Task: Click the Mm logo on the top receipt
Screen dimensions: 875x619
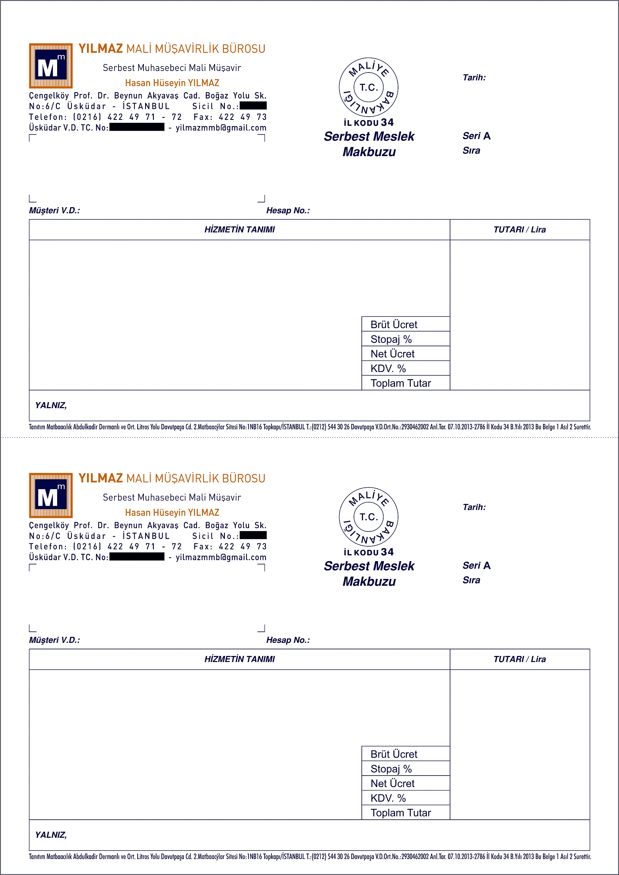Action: [x=51, y=66]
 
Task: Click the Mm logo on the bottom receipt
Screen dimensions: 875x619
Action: [x=51, y=495]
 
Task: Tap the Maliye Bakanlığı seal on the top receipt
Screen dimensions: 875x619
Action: [x=368, y=87]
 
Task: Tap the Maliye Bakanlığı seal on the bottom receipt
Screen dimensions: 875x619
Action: [x=368, y=517]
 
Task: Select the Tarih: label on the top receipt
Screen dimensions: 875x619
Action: [x=474, y=78]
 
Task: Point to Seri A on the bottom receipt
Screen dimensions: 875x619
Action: [x=476, y=566]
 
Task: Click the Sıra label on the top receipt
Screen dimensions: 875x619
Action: [x=471, y=150]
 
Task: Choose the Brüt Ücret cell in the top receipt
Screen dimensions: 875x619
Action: [x=405, y=324]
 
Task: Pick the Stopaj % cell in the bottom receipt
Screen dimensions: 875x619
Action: [x=405, y=769]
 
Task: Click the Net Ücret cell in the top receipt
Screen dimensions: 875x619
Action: [x=405, y=354]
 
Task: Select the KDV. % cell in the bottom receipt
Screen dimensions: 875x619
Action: [x=405, y=798]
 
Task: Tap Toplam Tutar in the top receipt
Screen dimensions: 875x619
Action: [x=405, y=383]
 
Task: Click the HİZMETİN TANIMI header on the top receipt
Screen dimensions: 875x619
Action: [x=239, y=229]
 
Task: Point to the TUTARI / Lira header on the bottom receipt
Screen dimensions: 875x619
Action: [x=520, y=659]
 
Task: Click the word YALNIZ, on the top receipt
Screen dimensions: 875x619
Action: [x=51, y=405]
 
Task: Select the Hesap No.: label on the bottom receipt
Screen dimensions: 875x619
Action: [x=288, y=640]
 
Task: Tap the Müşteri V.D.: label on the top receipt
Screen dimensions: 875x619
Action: [x=54, y=210]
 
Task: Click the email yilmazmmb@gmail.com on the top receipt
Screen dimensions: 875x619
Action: [x=221, y=128]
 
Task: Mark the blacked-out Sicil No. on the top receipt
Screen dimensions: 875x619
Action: [x=253, y=105]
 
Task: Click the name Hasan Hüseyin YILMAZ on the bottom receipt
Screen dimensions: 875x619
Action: [x=172, y=512]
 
